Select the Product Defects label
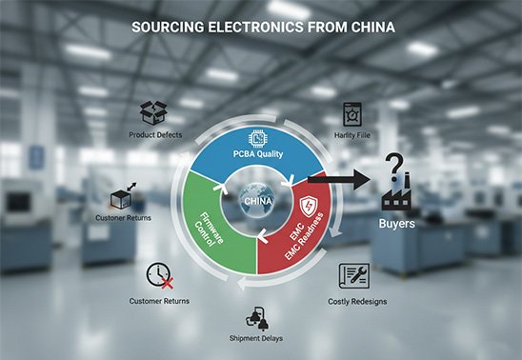click(x=155, y=135)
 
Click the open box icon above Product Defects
click(x=154, y=113)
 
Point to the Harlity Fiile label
click(x=351, y=135)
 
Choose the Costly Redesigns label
click(x=363, y=301)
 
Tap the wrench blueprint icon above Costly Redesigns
click(x=356, y=275)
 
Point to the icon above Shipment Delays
click(x=256, y=318)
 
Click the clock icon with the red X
click(x=158, y=276)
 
